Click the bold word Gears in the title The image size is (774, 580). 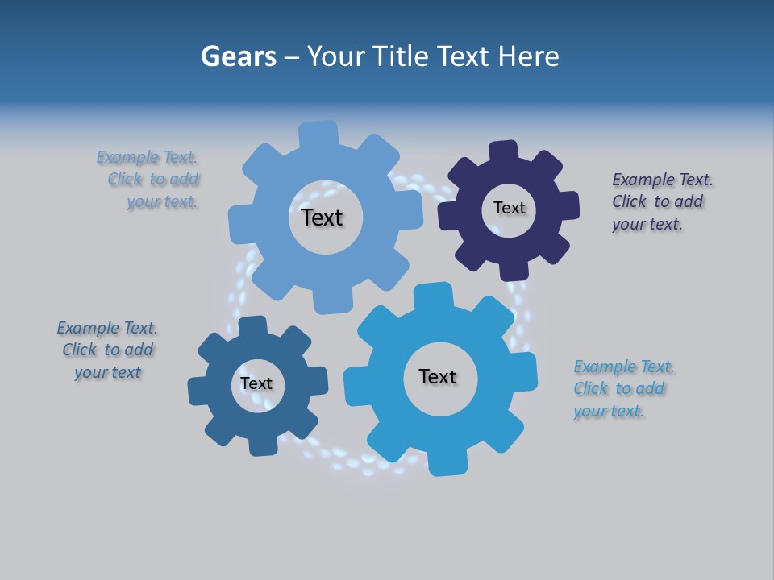point(238,56)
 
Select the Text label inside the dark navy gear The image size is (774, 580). point(509,208)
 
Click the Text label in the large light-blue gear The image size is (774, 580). point(322,217)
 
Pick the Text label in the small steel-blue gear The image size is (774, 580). point(256,383)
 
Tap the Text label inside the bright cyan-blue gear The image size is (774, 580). point(438,376)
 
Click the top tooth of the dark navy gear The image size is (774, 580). point(504,151)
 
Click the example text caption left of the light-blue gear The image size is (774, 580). point(153,180)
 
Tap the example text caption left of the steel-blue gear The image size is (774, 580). point(107,350)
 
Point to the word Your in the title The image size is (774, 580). point(337,56)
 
